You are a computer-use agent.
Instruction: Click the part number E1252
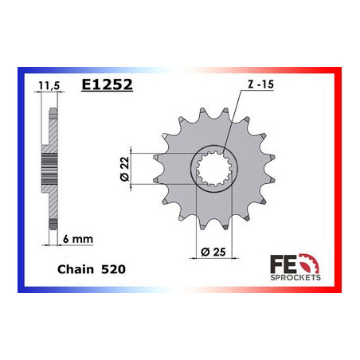point(107,84)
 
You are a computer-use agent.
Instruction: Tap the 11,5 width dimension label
point(49,86)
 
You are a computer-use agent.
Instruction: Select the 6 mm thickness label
point(78,239)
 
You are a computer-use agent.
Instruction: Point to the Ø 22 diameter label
point(124,169)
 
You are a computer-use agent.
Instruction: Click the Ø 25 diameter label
point(213,252)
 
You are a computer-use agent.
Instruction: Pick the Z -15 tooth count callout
point(260,84)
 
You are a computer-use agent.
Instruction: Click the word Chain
point(76,269)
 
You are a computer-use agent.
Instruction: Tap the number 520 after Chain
point(113,269)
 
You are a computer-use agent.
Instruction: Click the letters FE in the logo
point(283,264)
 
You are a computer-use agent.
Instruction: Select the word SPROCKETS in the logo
point(295,278)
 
